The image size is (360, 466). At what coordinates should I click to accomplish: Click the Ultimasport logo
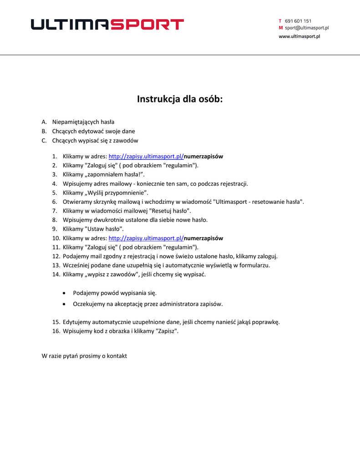coord(107,25)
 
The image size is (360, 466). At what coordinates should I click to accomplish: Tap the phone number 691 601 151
coord(298,21)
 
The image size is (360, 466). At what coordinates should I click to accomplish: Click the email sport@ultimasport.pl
coord(307,28)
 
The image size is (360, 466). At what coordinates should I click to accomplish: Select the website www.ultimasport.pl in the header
coord(299,36)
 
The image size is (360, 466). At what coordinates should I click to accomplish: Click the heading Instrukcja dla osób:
coord(180,99)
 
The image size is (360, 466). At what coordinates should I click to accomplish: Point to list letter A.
coord(44,122)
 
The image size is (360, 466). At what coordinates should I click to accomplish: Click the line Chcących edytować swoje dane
coord(93,131)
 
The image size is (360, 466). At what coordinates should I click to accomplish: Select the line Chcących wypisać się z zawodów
coord(95,140)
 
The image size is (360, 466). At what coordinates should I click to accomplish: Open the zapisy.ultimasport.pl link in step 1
coord(146,156)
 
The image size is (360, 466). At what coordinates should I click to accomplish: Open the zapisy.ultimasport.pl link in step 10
coord(146,238)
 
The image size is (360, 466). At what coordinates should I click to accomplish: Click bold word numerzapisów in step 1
coord(203,156)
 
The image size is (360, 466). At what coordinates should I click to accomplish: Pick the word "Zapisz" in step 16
coord(167,331)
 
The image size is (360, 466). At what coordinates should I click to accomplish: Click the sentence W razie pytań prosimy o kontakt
coord(84,355)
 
